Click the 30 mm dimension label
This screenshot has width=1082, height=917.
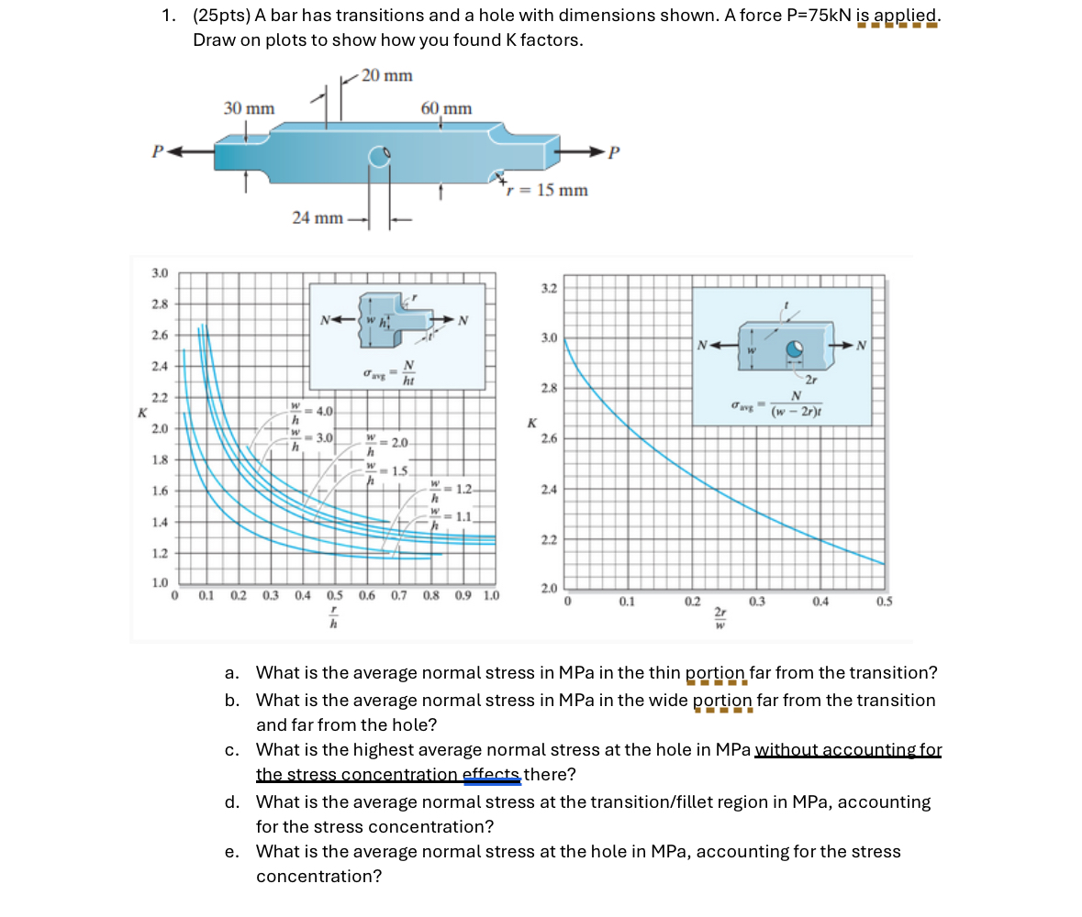tap(249, 108)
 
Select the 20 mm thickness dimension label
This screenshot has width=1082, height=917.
tap(386, 75)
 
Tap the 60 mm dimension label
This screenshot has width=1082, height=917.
tap(446, 109)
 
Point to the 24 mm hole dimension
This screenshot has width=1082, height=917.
tap(318, 218)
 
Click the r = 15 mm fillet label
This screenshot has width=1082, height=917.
tap(547, 191)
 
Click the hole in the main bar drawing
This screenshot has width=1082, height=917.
tap(381, 158)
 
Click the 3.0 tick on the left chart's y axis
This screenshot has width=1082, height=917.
tap(160, 273)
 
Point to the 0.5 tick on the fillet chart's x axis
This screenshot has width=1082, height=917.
tap(334, 595)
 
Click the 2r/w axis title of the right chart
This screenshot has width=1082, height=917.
tap(720, 621)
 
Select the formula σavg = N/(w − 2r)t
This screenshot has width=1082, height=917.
tap(776, 404)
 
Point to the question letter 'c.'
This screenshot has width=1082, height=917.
tap(232, 750)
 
